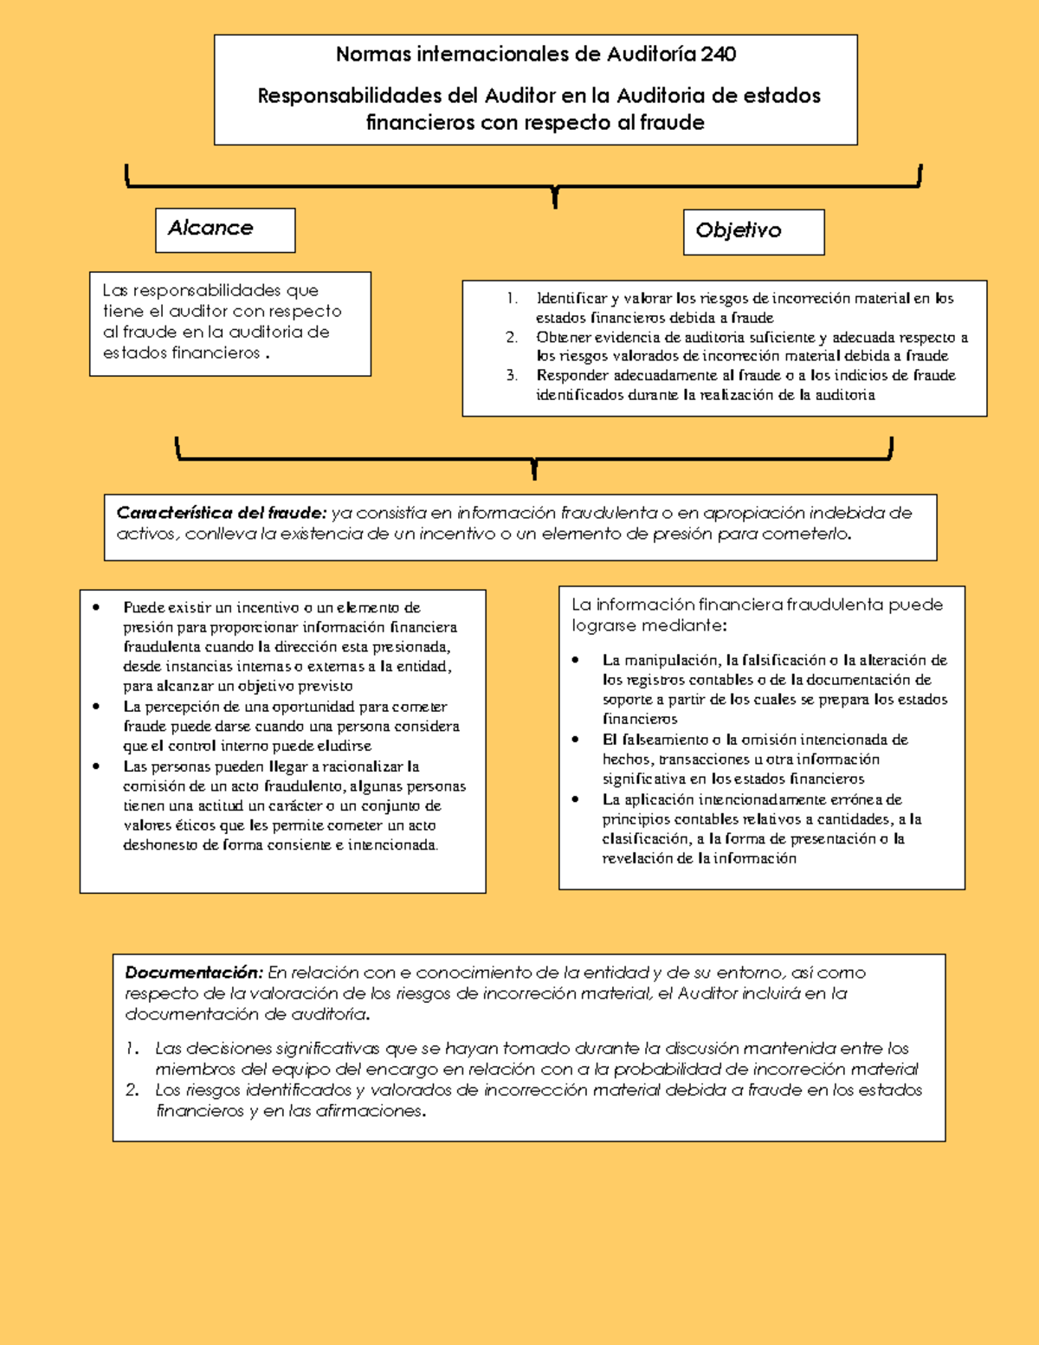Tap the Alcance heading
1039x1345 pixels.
pyautogui.click(x=210, y=228)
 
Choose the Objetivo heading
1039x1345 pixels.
pyautogui.click(x=738, y=230)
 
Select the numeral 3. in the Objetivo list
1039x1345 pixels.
pyautogui.click(x=512, y=376)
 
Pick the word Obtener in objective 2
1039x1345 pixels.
pyautogui.click(x=564, y=338)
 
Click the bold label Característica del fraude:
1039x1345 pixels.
pyautogui.click(x=221, y=513)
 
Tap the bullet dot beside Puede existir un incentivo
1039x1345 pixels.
pyautogui.click(x=96, y=608)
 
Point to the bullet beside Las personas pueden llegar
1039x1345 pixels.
pyautogui.click(x=96, y=766)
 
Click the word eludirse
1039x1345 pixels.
pyautogui.click(x=344, y=747)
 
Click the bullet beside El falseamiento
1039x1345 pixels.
pyautogui.click(x=576, y=740)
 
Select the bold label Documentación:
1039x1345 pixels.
pyautogui.click(x=193, y=973)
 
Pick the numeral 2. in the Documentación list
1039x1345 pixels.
pyautogui.click(x=132, y=1090)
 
